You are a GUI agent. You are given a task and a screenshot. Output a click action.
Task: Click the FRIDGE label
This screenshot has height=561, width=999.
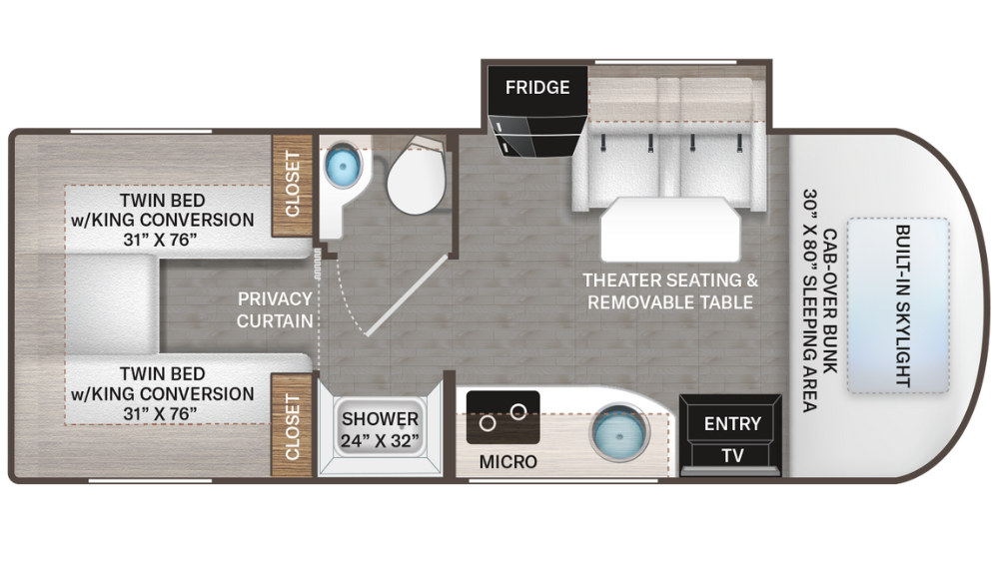point(537,87)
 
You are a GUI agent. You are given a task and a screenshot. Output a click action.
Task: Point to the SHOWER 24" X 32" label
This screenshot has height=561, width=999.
point(380,429)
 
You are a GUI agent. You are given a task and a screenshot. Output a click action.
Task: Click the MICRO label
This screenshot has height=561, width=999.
point(507,461)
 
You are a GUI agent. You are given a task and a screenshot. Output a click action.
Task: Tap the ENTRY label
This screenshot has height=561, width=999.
point(732,423)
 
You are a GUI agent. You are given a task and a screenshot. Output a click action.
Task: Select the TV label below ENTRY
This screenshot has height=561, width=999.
point(732,455)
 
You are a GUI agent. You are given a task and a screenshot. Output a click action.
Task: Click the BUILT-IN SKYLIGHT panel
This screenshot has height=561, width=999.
point(899,305)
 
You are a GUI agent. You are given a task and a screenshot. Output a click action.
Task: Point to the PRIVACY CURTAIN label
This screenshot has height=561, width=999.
point(275,309)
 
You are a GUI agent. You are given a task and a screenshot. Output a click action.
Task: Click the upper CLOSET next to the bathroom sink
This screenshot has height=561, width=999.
point(293,184)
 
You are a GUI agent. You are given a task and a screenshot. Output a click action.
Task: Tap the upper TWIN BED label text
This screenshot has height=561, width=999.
point(161,219)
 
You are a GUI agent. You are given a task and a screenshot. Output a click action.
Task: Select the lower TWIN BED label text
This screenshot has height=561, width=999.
point(161,393)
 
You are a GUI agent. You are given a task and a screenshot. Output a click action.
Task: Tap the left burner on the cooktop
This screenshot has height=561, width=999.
point(488,422)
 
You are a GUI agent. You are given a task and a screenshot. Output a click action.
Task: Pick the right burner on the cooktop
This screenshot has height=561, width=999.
point(518,410)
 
